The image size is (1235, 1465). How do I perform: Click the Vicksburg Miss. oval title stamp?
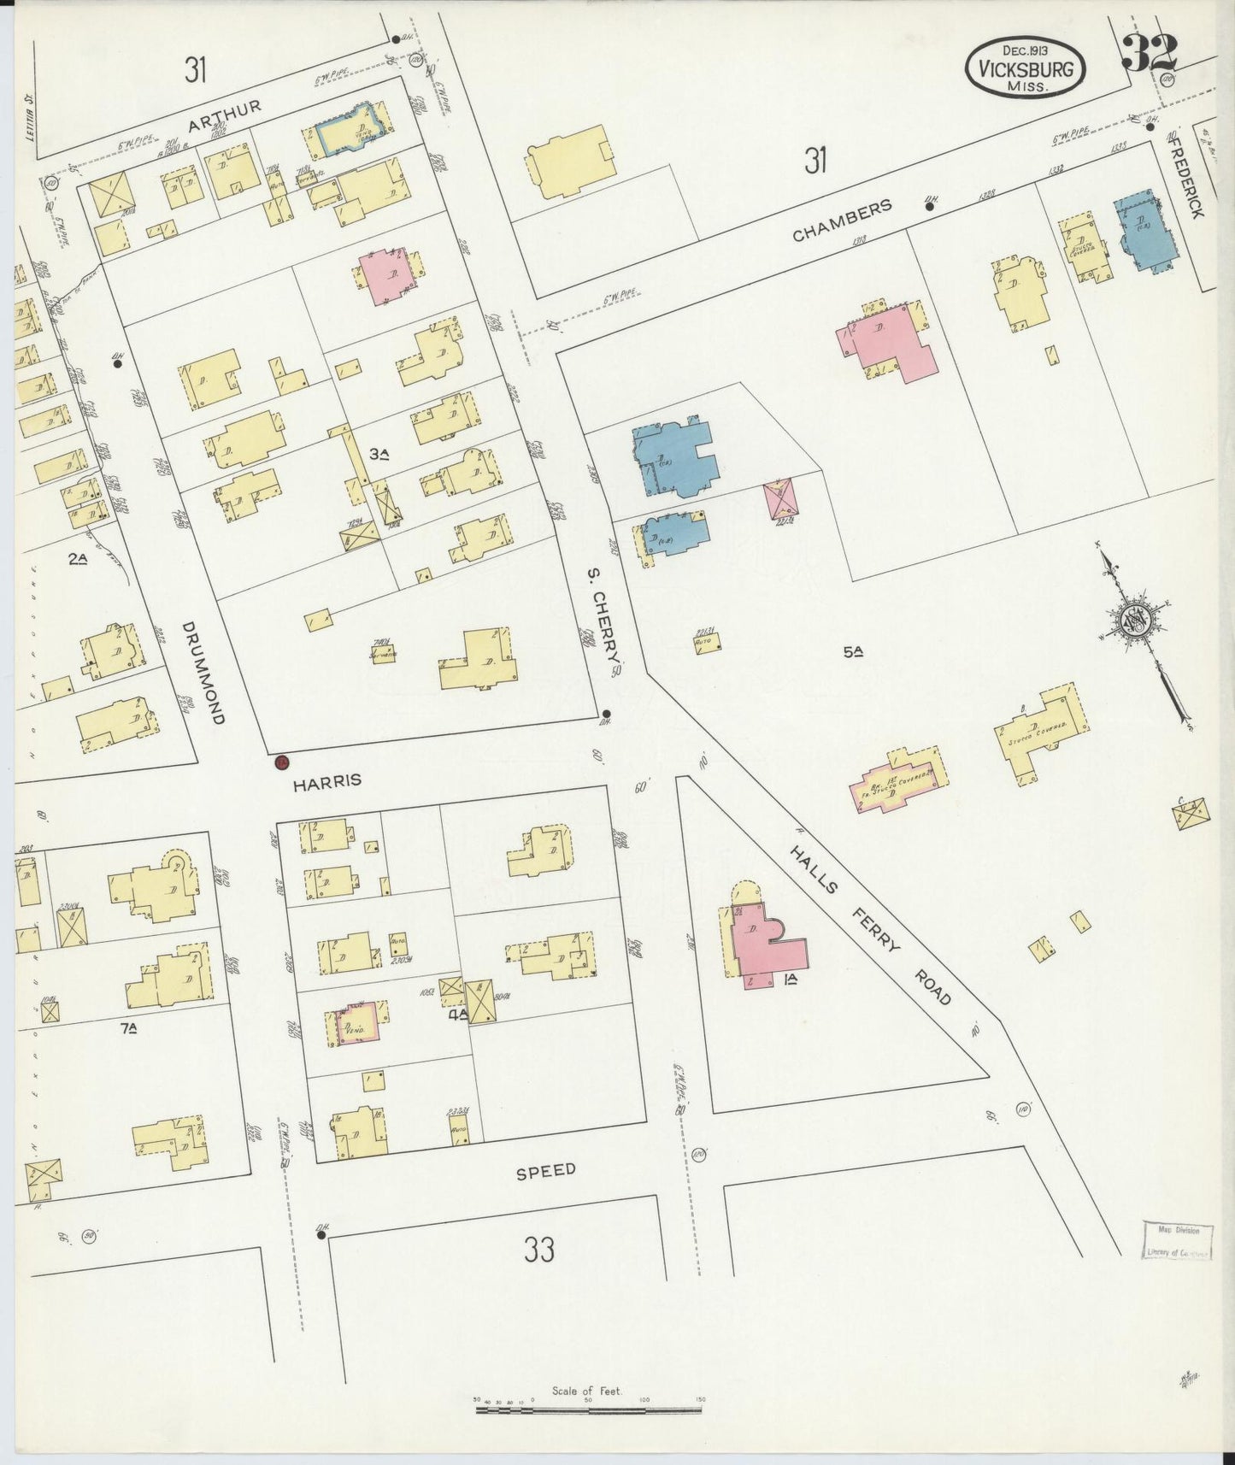coord(1026,67)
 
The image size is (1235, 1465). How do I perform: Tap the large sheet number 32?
coord(1150,53)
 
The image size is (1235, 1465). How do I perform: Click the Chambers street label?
coord(842,221)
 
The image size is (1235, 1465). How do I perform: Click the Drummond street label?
coord(203,674)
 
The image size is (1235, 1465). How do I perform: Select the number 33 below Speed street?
coord(539,1250)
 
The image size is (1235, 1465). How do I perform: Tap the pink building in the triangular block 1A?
coord(763,942)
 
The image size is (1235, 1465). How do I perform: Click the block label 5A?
coord(852,652)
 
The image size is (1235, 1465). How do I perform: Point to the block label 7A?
coord(129,1028)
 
